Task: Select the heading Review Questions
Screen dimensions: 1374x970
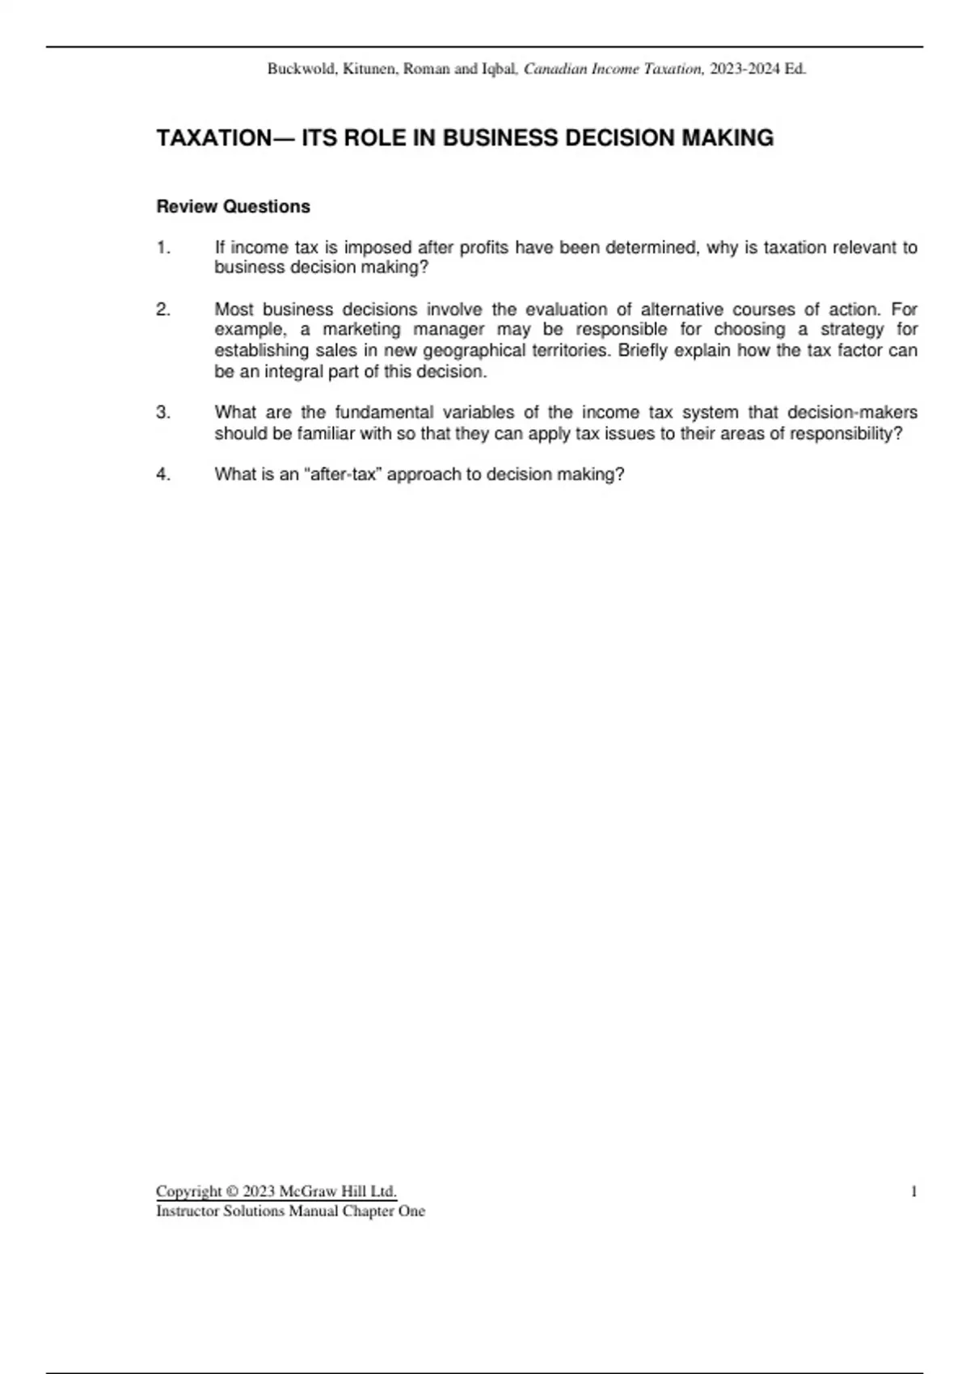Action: (x=233, y=207)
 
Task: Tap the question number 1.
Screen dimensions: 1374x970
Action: (x=163, y=248)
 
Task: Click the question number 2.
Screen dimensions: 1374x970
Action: (x=163, y=310)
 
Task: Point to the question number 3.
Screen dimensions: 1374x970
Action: (x=163, y=413)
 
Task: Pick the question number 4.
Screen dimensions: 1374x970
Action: (x=163, y=474)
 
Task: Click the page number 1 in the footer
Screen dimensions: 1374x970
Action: (x=914, y=1191)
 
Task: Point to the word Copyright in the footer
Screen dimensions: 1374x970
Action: (x=188, y=1191)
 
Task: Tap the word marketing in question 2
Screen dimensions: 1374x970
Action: (x=361, y=330)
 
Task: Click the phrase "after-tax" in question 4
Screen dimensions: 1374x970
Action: (x=343, y=474)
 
